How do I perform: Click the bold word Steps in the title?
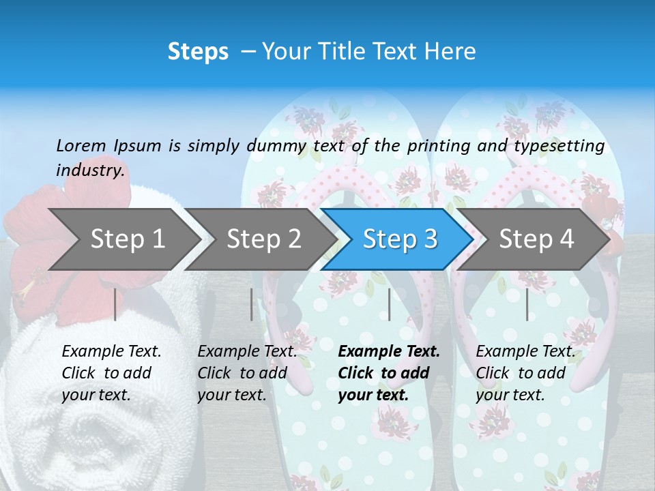point(198,52)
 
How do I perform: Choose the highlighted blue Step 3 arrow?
point(400,239)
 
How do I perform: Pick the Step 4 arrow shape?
point(536,239)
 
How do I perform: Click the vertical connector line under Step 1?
point(115,304)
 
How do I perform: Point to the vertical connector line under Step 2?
point(252,304)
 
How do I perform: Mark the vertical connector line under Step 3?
point(390,304)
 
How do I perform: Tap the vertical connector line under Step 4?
point(527,304)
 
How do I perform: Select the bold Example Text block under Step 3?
point(389,373)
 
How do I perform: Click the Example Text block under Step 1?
point(111,373)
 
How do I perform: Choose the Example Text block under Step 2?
point(247,373)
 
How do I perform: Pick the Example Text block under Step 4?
point(525,373)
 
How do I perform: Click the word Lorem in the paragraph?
point(81,146)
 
